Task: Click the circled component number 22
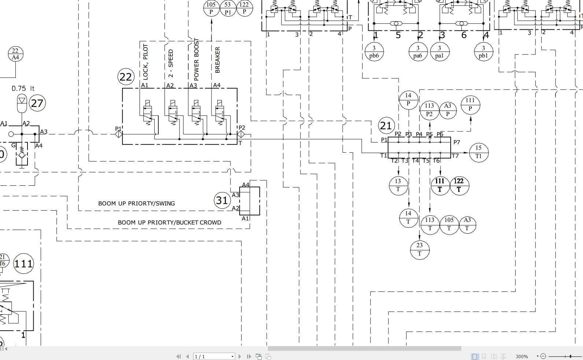click(126, 77)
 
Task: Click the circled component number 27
click(37, 103)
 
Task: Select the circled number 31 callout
click(222, 200)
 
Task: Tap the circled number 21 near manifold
click(386, 126)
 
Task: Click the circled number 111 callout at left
click(23, 263)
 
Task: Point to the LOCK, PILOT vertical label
click(145, 62)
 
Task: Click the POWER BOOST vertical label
click(196, 59)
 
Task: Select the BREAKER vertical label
click(217, 60)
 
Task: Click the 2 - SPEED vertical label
click(171, 63)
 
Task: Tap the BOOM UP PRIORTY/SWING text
click(136, 203)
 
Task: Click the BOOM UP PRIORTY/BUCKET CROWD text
click(169, 222)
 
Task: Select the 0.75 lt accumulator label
click(23, 88)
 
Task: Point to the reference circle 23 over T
click(419, 249)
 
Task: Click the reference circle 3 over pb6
click(374, 52)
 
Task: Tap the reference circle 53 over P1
click(228, 8)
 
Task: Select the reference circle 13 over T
click(398, 185)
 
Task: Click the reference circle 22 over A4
click(15, 54)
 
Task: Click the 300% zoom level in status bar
click(521, 356)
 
